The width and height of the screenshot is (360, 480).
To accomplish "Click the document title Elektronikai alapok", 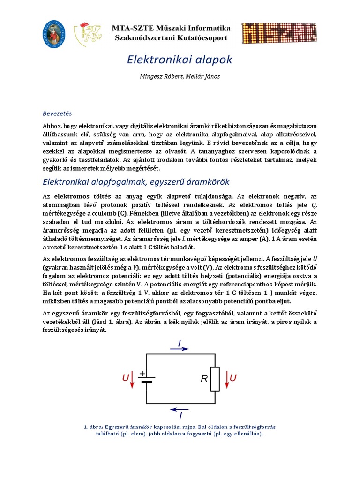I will [180, 60].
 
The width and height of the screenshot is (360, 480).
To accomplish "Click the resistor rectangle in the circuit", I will [215, 379].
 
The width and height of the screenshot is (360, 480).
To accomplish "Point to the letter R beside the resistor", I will [204, 379].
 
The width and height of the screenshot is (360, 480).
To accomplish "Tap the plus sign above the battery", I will [142, 373].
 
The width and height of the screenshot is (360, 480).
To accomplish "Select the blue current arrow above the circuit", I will [180, 349].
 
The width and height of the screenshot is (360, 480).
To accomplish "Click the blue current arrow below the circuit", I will [180, 408].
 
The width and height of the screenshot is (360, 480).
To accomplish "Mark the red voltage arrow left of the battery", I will [132, 379].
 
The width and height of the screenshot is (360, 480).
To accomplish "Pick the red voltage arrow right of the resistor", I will [227, 379].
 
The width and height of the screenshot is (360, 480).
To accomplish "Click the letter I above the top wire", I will [180, 344].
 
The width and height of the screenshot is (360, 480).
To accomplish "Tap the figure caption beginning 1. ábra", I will [180, 430].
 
